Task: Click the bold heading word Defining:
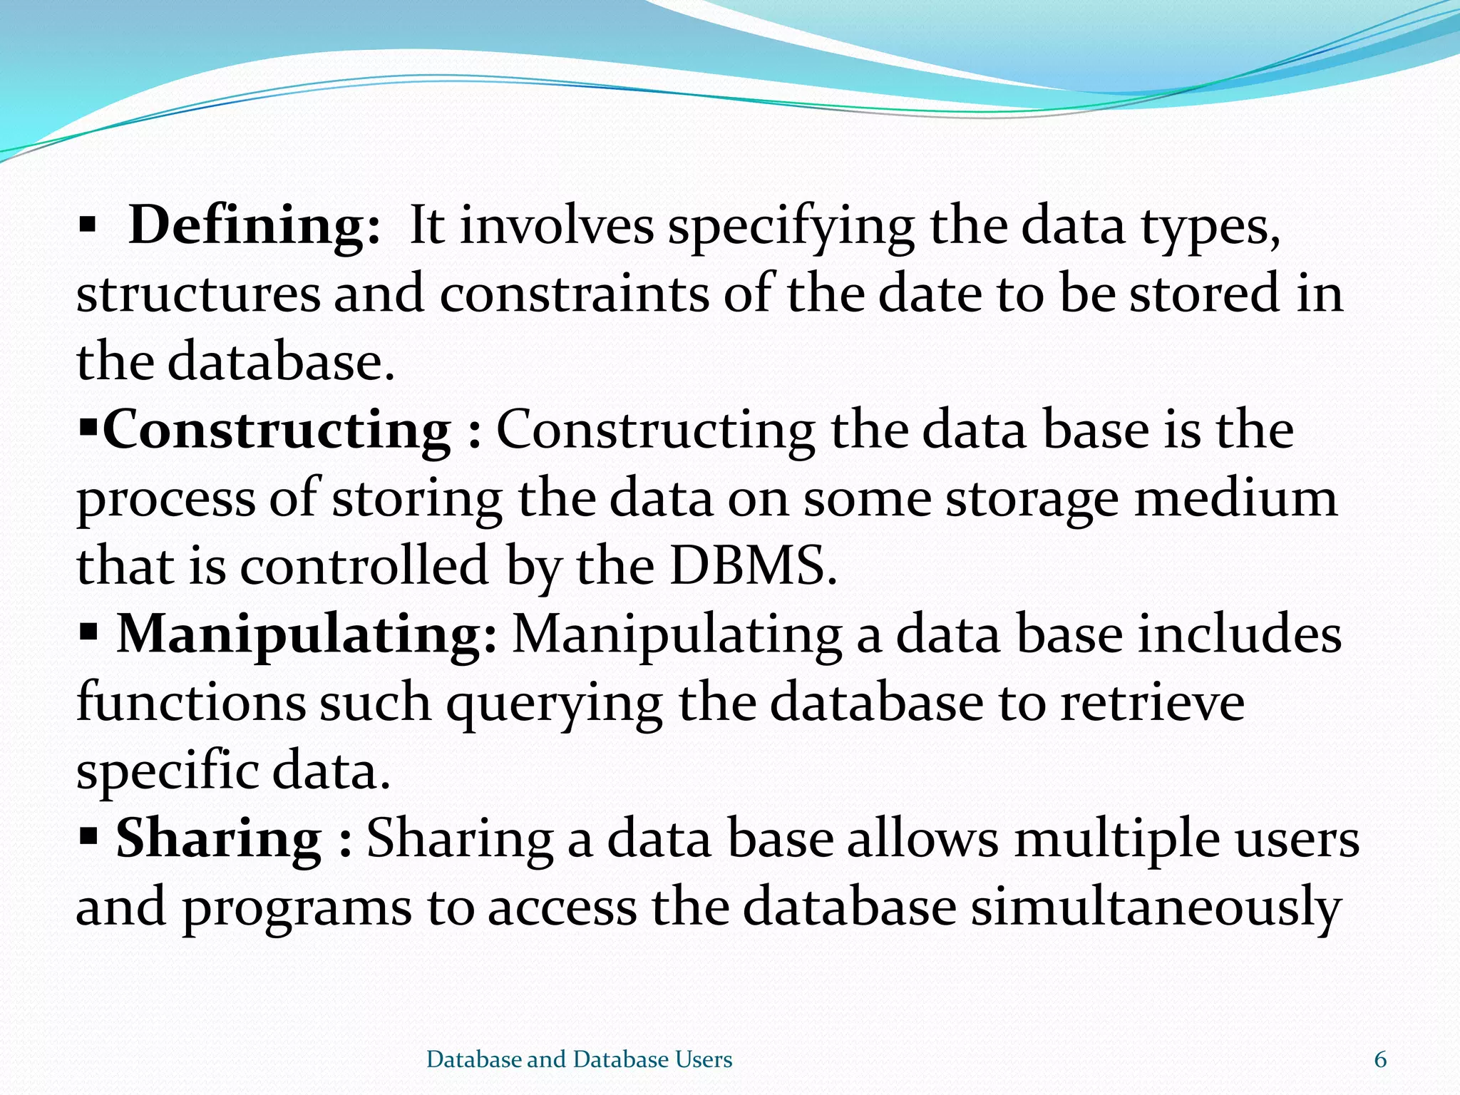255,226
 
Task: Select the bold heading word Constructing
277,431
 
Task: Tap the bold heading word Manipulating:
307,634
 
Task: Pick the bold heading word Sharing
219,838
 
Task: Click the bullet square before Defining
87,227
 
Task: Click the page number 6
1380,1059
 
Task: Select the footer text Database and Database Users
579,1059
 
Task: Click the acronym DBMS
753,566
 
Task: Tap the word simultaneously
1156,908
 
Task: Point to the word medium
1235,498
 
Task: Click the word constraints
574,294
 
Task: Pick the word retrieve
1152,703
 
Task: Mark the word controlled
364,566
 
